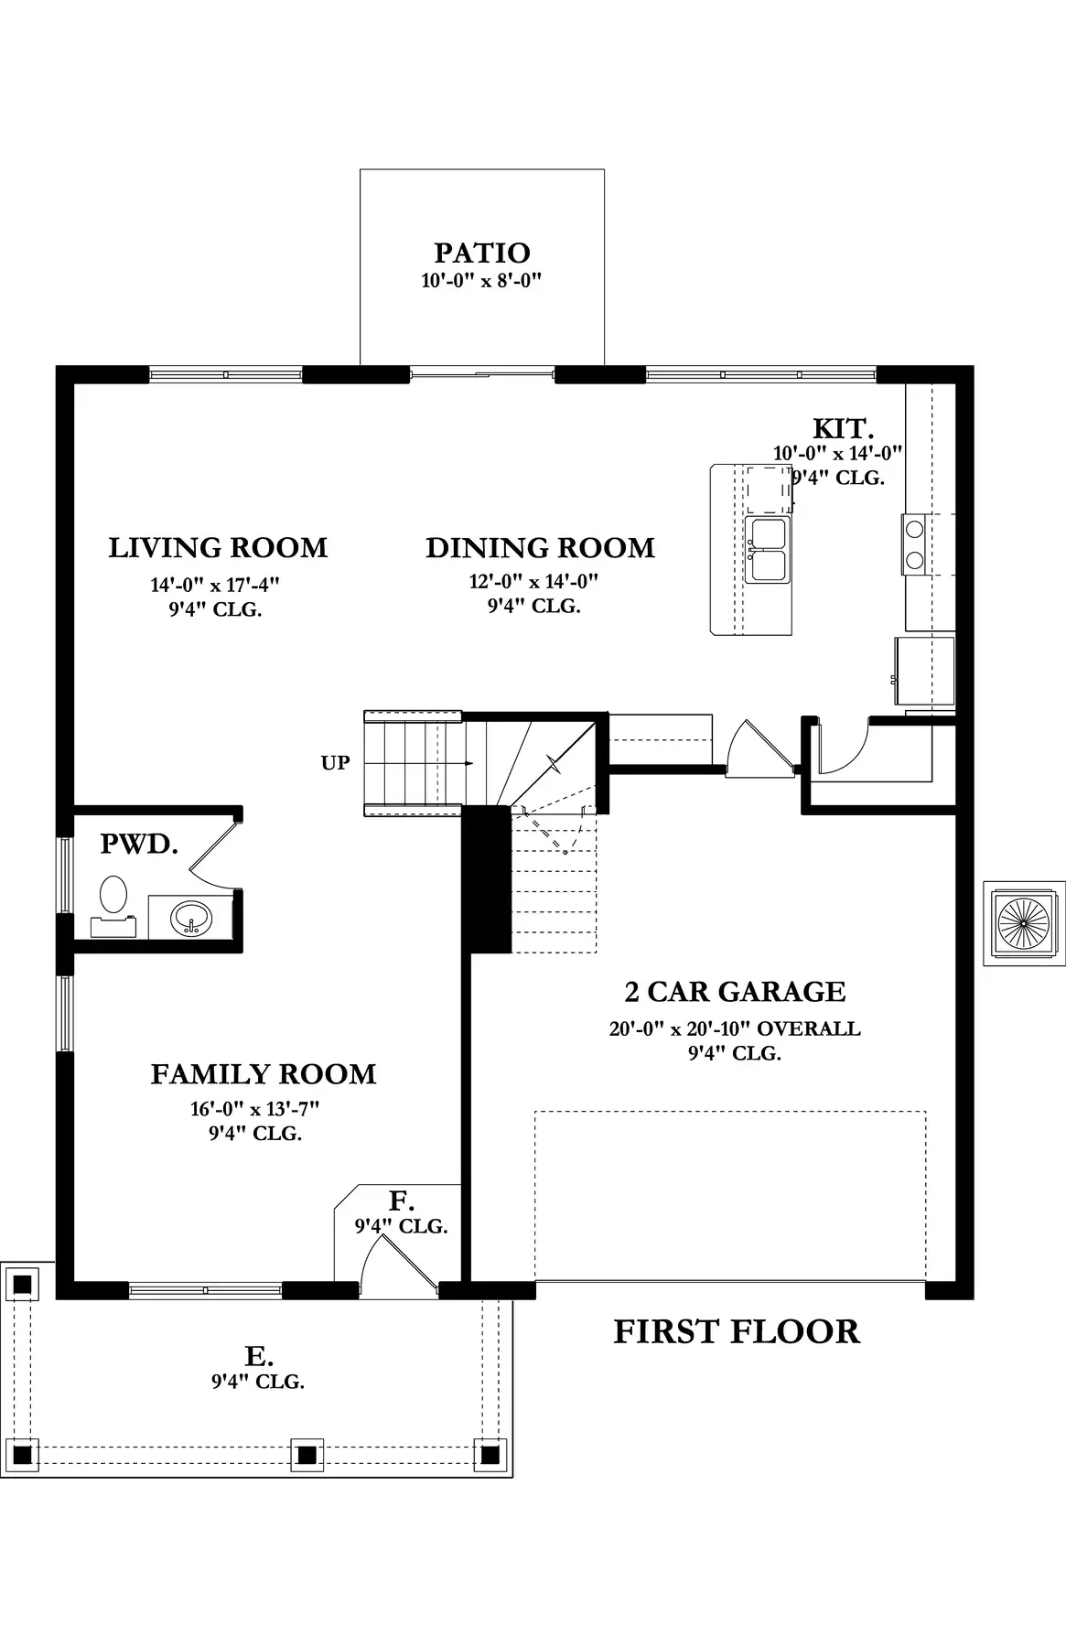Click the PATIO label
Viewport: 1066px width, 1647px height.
[482, 253]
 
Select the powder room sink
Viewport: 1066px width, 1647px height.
[191, 916]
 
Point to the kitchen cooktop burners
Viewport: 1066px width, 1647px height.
[914, 543]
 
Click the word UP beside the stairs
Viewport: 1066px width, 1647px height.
[335, 762]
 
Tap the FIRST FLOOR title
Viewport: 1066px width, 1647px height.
[737, 1331]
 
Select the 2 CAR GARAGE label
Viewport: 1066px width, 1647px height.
[735, 991]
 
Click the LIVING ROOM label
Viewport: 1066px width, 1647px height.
[218, 548]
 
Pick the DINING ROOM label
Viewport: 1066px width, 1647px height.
[540, 548]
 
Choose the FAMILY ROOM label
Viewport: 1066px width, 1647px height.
[264, 1073]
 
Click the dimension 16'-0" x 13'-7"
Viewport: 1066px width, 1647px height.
[254, 1109]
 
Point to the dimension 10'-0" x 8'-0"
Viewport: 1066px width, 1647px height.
[482, 281]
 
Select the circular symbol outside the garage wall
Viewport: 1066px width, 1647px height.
[1024, 923]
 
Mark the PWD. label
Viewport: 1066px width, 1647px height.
[139, 844]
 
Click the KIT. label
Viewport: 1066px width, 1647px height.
[844, 428]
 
